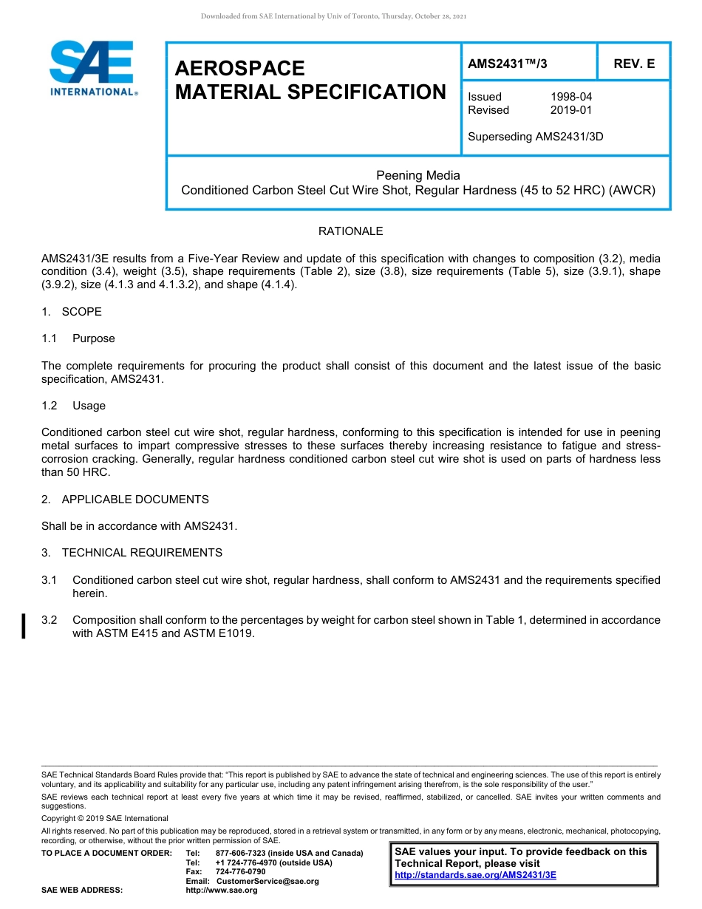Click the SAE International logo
click(x=92, y=69)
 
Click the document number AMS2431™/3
click(x=507, y=64)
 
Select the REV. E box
click(x=633, y=64)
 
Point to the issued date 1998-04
click(x=570, y=97)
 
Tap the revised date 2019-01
click(x=570, y=110)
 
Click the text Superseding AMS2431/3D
click(x=536, y=137)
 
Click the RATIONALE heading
click(x=350, y=231)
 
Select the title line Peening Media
click(x=418, y=176)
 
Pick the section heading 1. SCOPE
click(x=72, y=312)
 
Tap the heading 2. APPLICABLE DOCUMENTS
click(x=125, y=500)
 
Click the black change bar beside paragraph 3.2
click(x=24, y=626)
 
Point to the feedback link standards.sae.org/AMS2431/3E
click(x=475, y=875)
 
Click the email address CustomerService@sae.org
click(x=267, y=881)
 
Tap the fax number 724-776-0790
click(x=240, y=872)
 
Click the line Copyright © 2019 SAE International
click(x=105, y=819)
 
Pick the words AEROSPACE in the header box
click(x=239, y=69)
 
